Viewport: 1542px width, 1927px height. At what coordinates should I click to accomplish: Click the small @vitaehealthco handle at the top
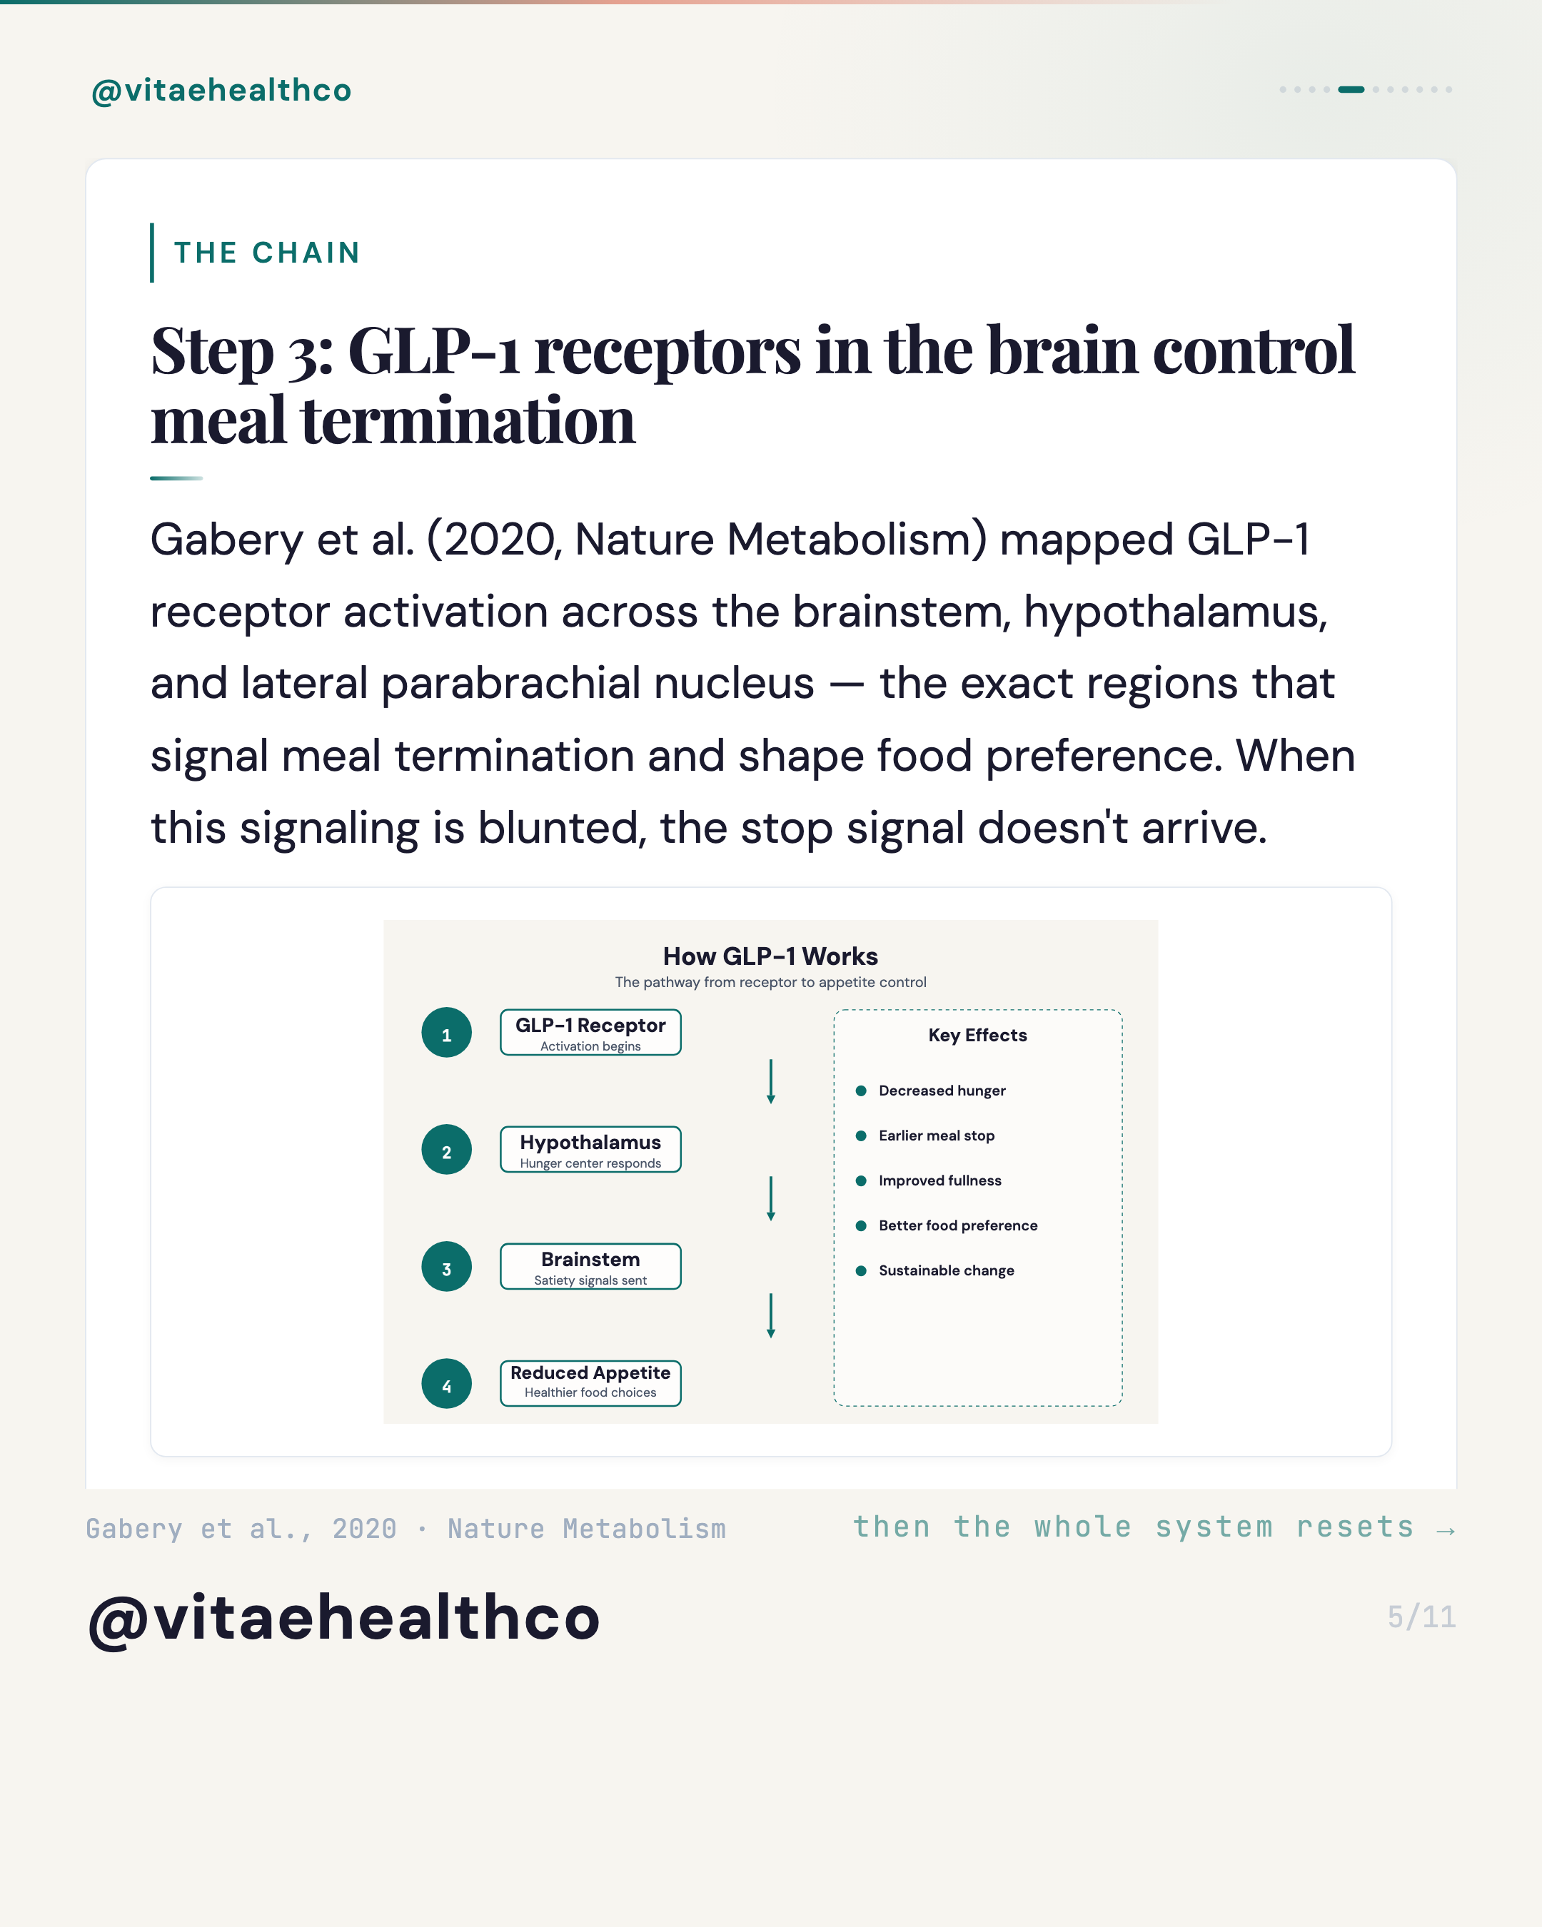click(222, 90)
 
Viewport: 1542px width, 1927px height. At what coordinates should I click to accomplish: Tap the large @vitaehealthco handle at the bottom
click(344, 1618)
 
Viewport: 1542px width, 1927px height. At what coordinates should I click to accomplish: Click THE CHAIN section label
click(267, 253)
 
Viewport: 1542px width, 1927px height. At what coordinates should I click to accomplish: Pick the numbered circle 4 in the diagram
click(447, 1384)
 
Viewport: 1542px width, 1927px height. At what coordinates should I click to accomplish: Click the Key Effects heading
click(978, 1035)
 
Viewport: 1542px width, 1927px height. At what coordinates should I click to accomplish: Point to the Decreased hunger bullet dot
click(861, 1091)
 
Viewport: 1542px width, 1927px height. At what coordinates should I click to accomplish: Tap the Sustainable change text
click(947, 1270)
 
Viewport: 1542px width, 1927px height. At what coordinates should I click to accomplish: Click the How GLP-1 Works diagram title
click(770, 956)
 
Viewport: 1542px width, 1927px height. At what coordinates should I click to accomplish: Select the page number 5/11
click(1421, 1617)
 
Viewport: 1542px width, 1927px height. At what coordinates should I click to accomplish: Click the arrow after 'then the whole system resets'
click(1446, 1531)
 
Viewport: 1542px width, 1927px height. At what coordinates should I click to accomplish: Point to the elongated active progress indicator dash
click(1351, 89)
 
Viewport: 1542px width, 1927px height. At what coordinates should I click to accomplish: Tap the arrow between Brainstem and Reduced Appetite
click(770, 1315)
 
